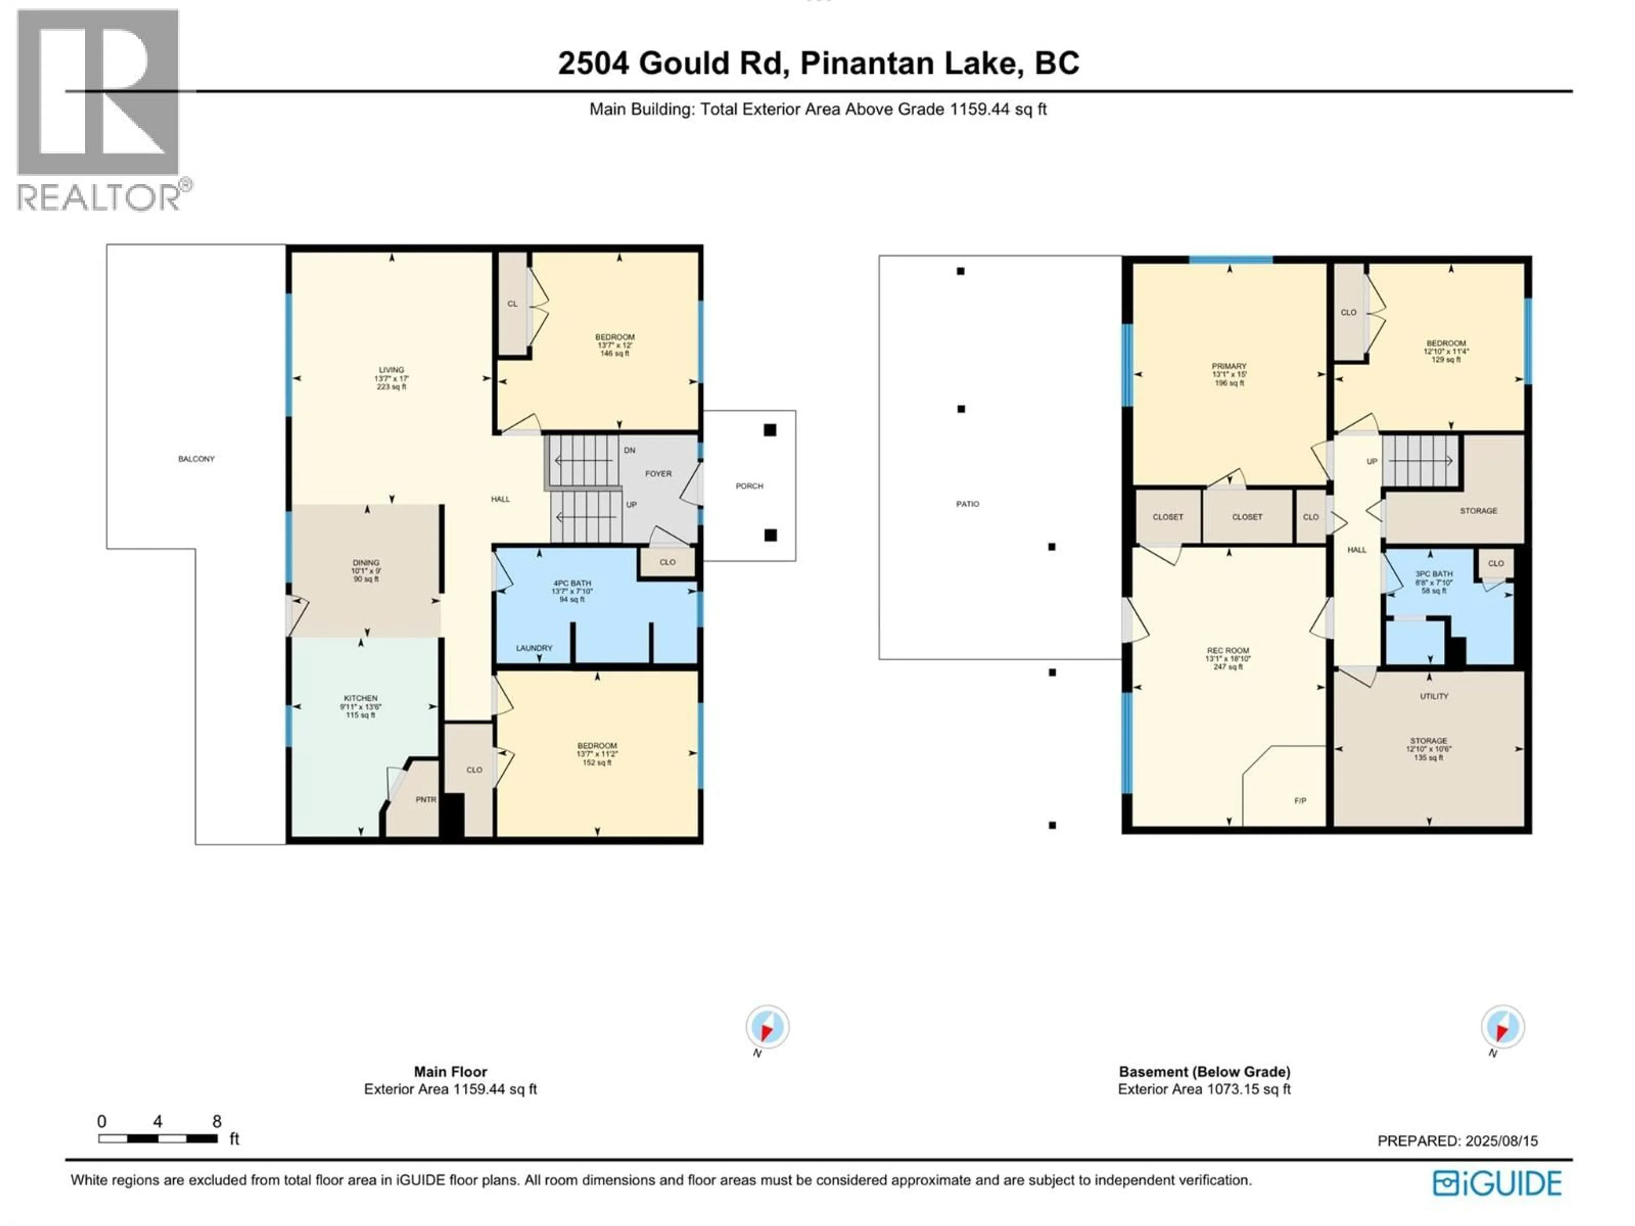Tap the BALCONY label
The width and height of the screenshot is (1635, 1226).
click(196, 459)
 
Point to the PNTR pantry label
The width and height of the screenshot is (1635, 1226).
click(426, 799)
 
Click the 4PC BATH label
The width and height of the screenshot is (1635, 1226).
click(571, 584)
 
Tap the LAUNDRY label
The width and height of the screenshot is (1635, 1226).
click(534, 648)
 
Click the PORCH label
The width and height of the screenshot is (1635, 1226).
click(749, 486)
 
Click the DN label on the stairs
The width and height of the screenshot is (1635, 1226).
click(629, 450)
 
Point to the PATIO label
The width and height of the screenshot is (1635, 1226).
click(967, 504)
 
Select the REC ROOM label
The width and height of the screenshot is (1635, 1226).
click(1227, 651)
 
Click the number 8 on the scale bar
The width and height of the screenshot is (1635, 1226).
click(217, 1122)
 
